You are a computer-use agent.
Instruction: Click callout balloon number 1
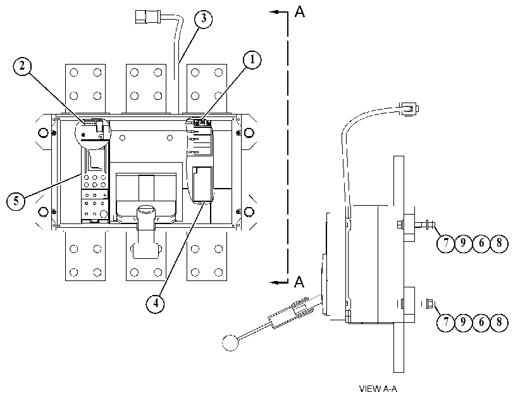[252, 60]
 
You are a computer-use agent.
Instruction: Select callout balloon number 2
[22, 66]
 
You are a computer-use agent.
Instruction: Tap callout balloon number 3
[203, 18]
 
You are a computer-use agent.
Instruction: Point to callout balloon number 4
[155, 303]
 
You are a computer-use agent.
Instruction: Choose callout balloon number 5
[16, 201]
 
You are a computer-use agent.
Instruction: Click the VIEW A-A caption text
[378, 389]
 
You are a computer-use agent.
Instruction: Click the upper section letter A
[300, 11]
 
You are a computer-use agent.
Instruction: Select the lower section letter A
[299, 281]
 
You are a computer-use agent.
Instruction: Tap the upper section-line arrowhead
[274, 12]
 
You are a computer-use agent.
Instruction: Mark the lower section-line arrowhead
[274, 282]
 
